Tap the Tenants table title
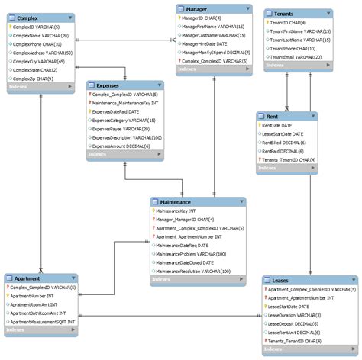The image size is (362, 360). (x=283, y=14)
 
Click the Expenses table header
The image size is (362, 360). (x=106, y=86)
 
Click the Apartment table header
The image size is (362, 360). (x=27, y=278)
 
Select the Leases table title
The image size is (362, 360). (x=280, y=280)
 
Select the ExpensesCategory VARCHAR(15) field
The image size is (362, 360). (x=123, y=121)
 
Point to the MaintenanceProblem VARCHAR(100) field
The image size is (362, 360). (x=191, y=253)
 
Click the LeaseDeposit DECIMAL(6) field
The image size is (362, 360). (x=294, y=323)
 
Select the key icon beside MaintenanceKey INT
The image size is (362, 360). (x=153, y=211)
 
